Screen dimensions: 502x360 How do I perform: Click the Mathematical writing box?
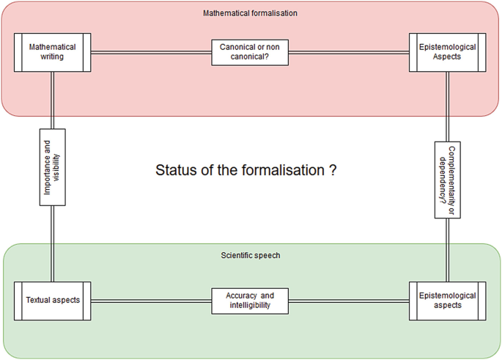53,52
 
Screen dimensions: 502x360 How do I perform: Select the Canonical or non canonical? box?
250,52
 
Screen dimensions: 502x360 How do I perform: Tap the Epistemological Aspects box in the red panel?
448,52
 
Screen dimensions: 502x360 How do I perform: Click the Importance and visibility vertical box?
53,166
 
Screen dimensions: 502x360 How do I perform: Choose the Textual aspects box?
53,300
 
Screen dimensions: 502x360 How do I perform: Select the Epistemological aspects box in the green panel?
448,300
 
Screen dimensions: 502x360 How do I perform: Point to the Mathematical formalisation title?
250,12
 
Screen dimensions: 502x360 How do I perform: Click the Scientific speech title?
250,255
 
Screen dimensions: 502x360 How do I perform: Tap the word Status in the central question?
174,170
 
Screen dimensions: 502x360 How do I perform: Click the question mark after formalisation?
333,170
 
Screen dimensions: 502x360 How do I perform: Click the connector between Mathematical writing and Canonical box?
151,52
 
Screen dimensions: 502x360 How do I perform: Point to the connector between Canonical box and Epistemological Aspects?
349,52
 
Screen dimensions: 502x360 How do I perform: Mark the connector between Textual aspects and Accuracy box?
151,300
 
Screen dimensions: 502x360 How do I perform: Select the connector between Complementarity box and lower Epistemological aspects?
448,249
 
